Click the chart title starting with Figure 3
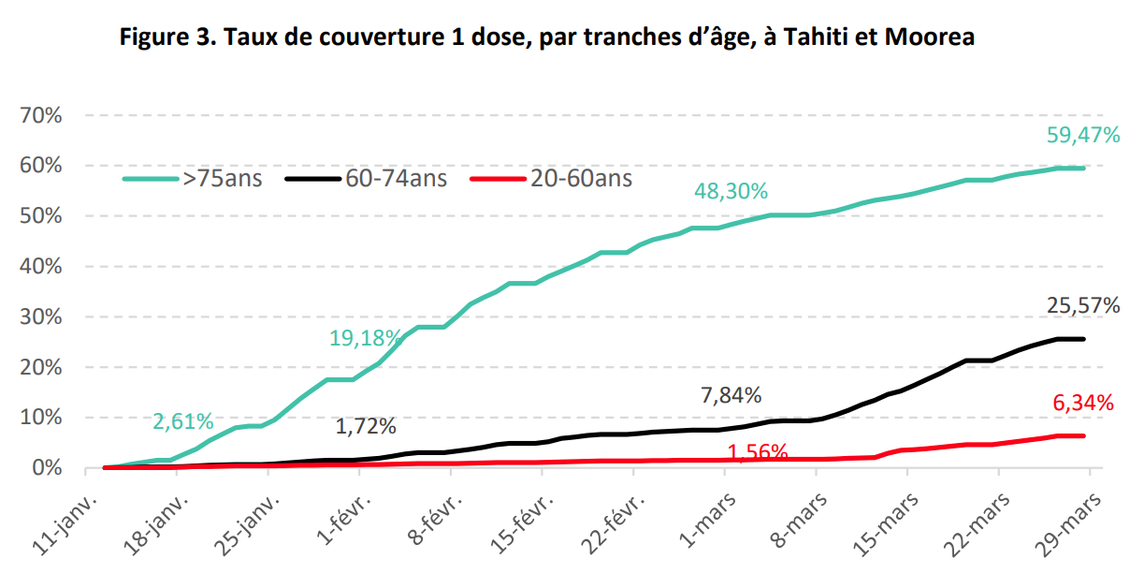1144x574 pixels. click(548, 37)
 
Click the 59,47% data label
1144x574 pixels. click(1083, 135)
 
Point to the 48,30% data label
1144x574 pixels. click(731, 191)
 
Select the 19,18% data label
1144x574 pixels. click(366, 338)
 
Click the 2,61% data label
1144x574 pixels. click(184, 421)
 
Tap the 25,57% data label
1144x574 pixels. click(1083, 305)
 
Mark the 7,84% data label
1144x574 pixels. click(731, 395)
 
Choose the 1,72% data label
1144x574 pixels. click(366, 427)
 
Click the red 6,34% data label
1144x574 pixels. click(1083, 404)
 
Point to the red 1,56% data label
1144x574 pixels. click(757, 452)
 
